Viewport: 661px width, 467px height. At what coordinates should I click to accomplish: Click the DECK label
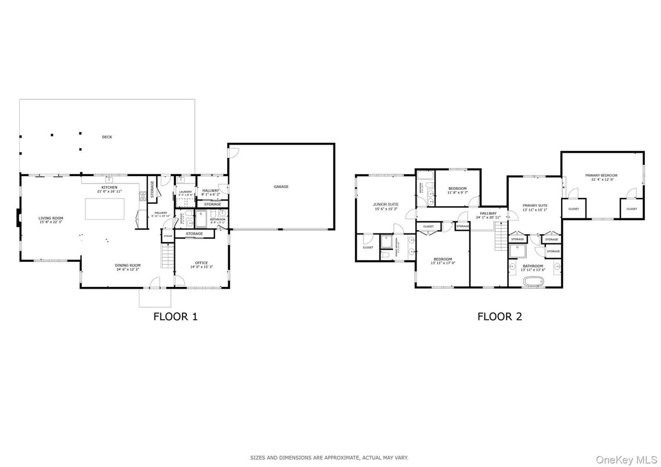tap(107, 137)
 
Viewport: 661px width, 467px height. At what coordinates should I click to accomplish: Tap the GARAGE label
tap(281, 186)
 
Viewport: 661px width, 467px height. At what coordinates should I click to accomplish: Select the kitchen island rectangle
tap(105, 209)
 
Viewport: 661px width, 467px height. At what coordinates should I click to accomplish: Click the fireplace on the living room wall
tap(18, 218)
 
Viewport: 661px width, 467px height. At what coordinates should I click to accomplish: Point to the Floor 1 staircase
tap(167, 256)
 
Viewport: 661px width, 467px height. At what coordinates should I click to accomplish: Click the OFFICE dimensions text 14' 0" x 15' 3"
tap(202, 267)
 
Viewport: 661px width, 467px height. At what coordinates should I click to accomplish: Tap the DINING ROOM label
tap(127, 265)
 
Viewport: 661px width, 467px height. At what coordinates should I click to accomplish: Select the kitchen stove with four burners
tap(142, 196)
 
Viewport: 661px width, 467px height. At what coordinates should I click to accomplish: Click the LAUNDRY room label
tap(185, 192)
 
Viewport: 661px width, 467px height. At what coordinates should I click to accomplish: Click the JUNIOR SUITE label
tap(385, 204)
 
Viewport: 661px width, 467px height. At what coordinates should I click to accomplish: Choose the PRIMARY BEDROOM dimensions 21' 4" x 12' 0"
tap(601, 179)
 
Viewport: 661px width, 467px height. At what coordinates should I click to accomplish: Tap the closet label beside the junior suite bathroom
tap(368, 247)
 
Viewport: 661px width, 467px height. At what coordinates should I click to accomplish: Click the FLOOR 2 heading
tap(500, 317)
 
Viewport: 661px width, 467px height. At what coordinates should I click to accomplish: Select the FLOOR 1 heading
tap(175, 317)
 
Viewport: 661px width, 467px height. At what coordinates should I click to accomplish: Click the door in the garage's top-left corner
tap(233, 152)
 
